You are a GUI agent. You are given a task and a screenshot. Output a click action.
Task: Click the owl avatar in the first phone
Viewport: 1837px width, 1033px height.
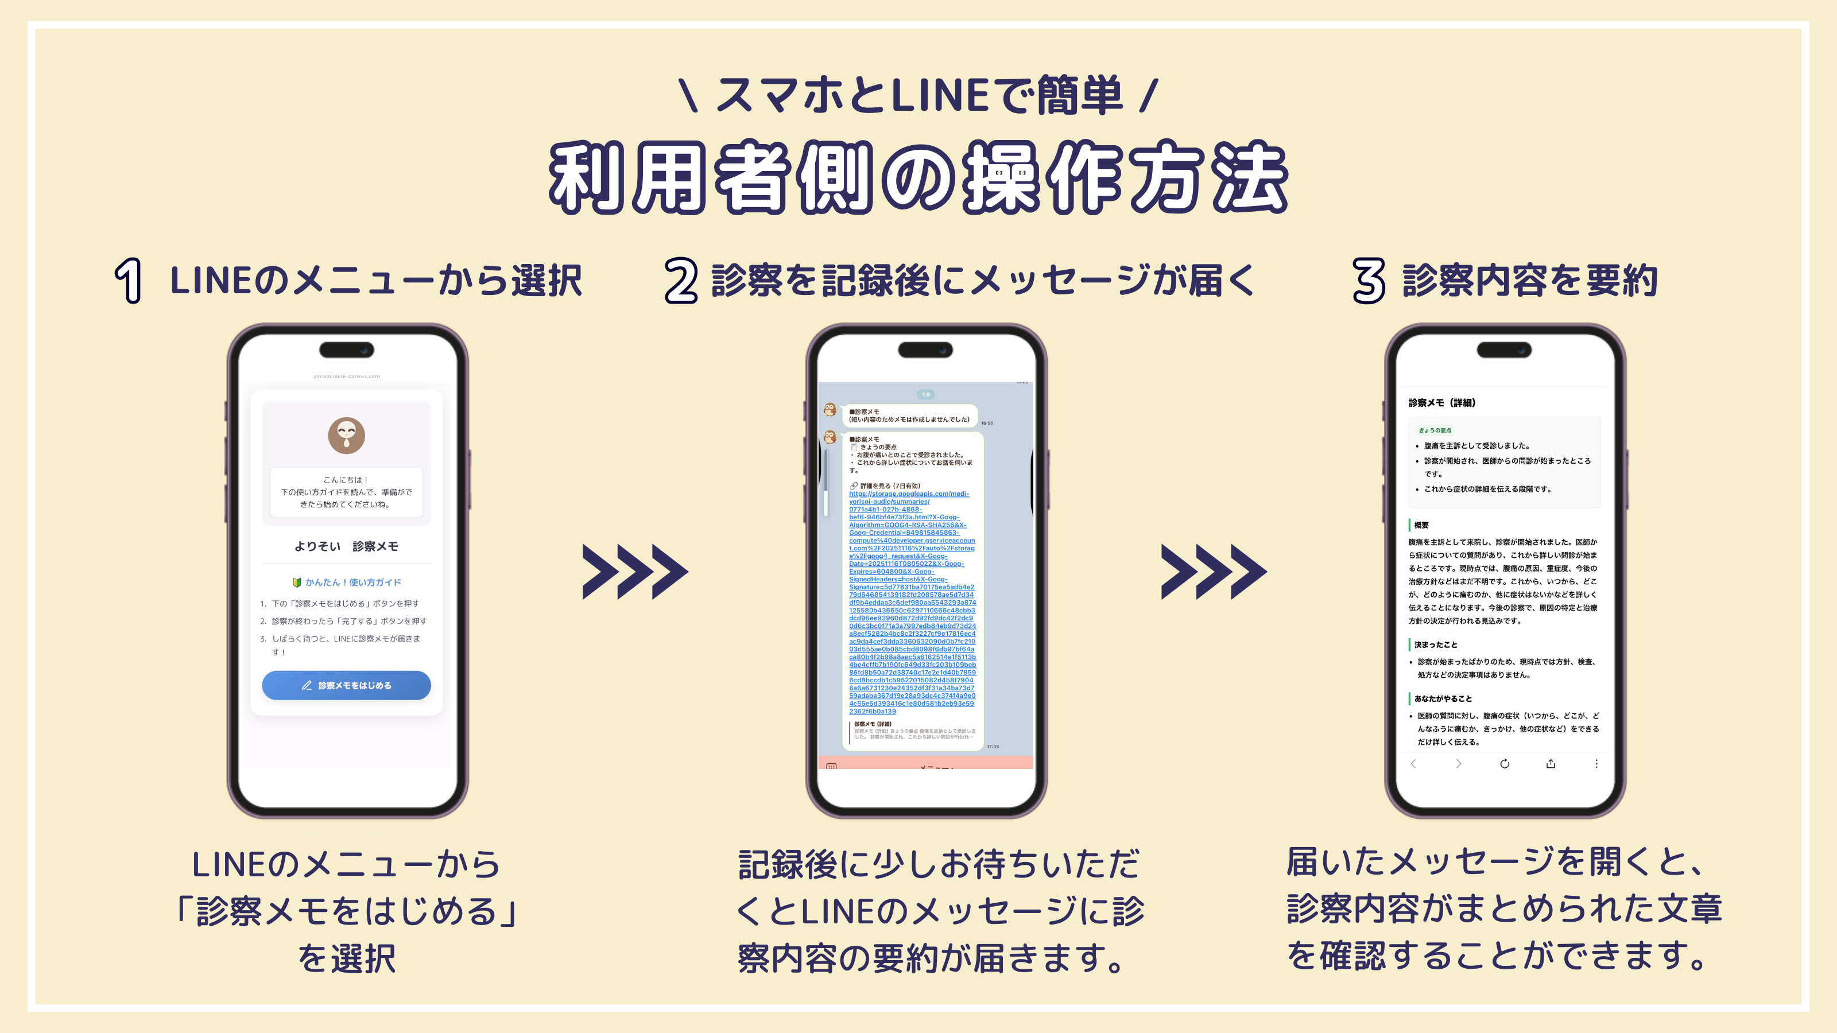click(347, 436)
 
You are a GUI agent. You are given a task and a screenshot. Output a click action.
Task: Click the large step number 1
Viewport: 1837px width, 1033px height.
click(129, 281)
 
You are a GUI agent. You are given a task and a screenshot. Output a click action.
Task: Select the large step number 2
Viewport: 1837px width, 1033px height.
click(681, 281)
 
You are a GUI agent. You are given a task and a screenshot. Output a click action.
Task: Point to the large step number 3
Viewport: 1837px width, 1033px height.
click(1369, 281)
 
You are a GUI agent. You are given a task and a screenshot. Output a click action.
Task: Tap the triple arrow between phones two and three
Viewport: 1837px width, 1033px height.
click(1213, 571)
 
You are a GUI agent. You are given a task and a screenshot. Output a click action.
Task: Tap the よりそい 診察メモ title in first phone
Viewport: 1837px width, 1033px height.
click(347, 546)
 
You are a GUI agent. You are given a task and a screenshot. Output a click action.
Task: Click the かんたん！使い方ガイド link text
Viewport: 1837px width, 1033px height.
click(352, 582)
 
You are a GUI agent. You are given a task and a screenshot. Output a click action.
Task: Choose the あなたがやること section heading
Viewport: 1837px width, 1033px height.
click(1442, 698)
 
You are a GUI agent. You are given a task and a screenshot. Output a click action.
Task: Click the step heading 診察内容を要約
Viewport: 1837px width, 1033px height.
click(1530, 281)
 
